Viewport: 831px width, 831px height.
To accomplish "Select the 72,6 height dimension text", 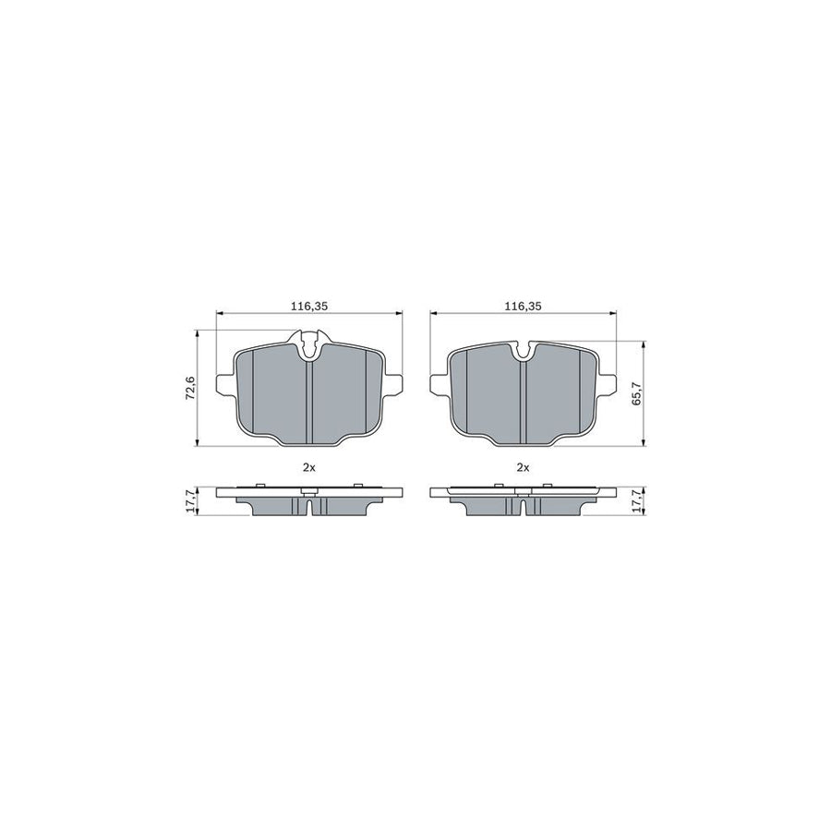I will (190, 385).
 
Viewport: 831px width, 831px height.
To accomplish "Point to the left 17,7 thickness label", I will (190, 502).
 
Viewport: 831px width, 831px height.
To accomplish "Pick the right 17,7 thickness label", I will (635, 502).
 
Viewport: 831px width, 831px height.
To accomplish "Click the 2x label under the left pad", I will (309, 467).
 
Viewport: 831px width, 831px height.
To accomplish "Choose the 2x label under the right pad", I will (523, 467).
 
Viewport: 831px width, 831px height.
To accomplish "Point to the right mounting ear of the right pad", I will (608, 381).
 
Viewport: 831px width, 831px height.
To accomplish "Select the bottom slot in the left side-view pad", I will (309, 508).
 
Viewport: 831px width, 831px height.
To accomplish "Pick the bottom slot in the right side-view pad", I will (523, 508).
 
